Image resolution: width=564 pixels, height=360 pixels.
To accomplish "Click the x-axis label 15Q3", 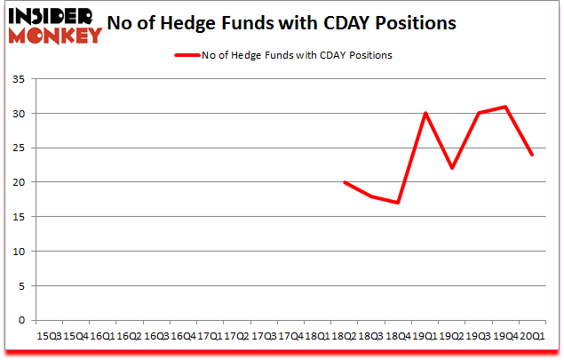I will click(x=50, y=336).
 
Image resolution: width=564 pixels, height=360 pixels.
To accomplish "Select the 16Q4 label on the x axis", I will click(x=184, y=336).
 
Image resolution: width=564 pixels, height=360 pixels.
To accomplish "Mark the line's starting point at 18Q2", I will click(x=344, y=182).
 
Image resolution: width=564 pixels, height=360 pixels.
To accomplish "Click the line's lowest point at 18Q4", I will click(x=398, y=203).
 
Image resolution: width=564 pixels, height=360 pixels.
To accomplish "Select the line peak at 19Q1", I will click(x=425, y=113).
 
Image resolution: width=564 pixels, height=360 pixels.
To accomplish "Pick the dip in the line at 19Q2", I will click(x=451, y=168).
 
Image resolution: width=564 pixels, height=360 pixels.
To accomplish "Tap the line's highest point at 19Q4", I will click(x=504, y=107).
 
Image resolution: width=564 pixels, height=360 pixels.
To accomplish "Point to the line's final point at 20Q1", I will click(x=531, y=155).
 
